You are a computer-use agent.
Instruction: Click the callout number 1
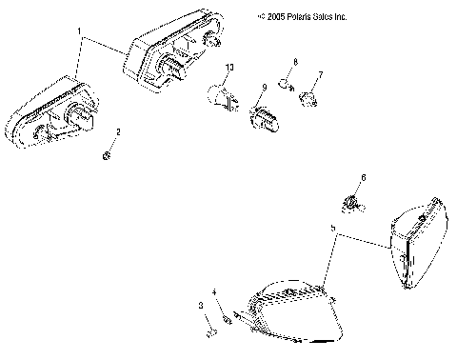[79, 31]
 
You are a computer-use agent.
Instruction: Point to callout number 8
[295, 62]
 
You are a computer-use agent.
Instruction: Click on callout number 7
[321, 74]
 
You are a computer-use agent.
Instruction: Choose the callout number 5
[332, 229]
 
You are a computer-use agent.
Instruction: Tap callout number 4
[214, 291]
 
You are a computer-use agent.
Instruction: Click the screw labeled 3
[210, 331]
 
